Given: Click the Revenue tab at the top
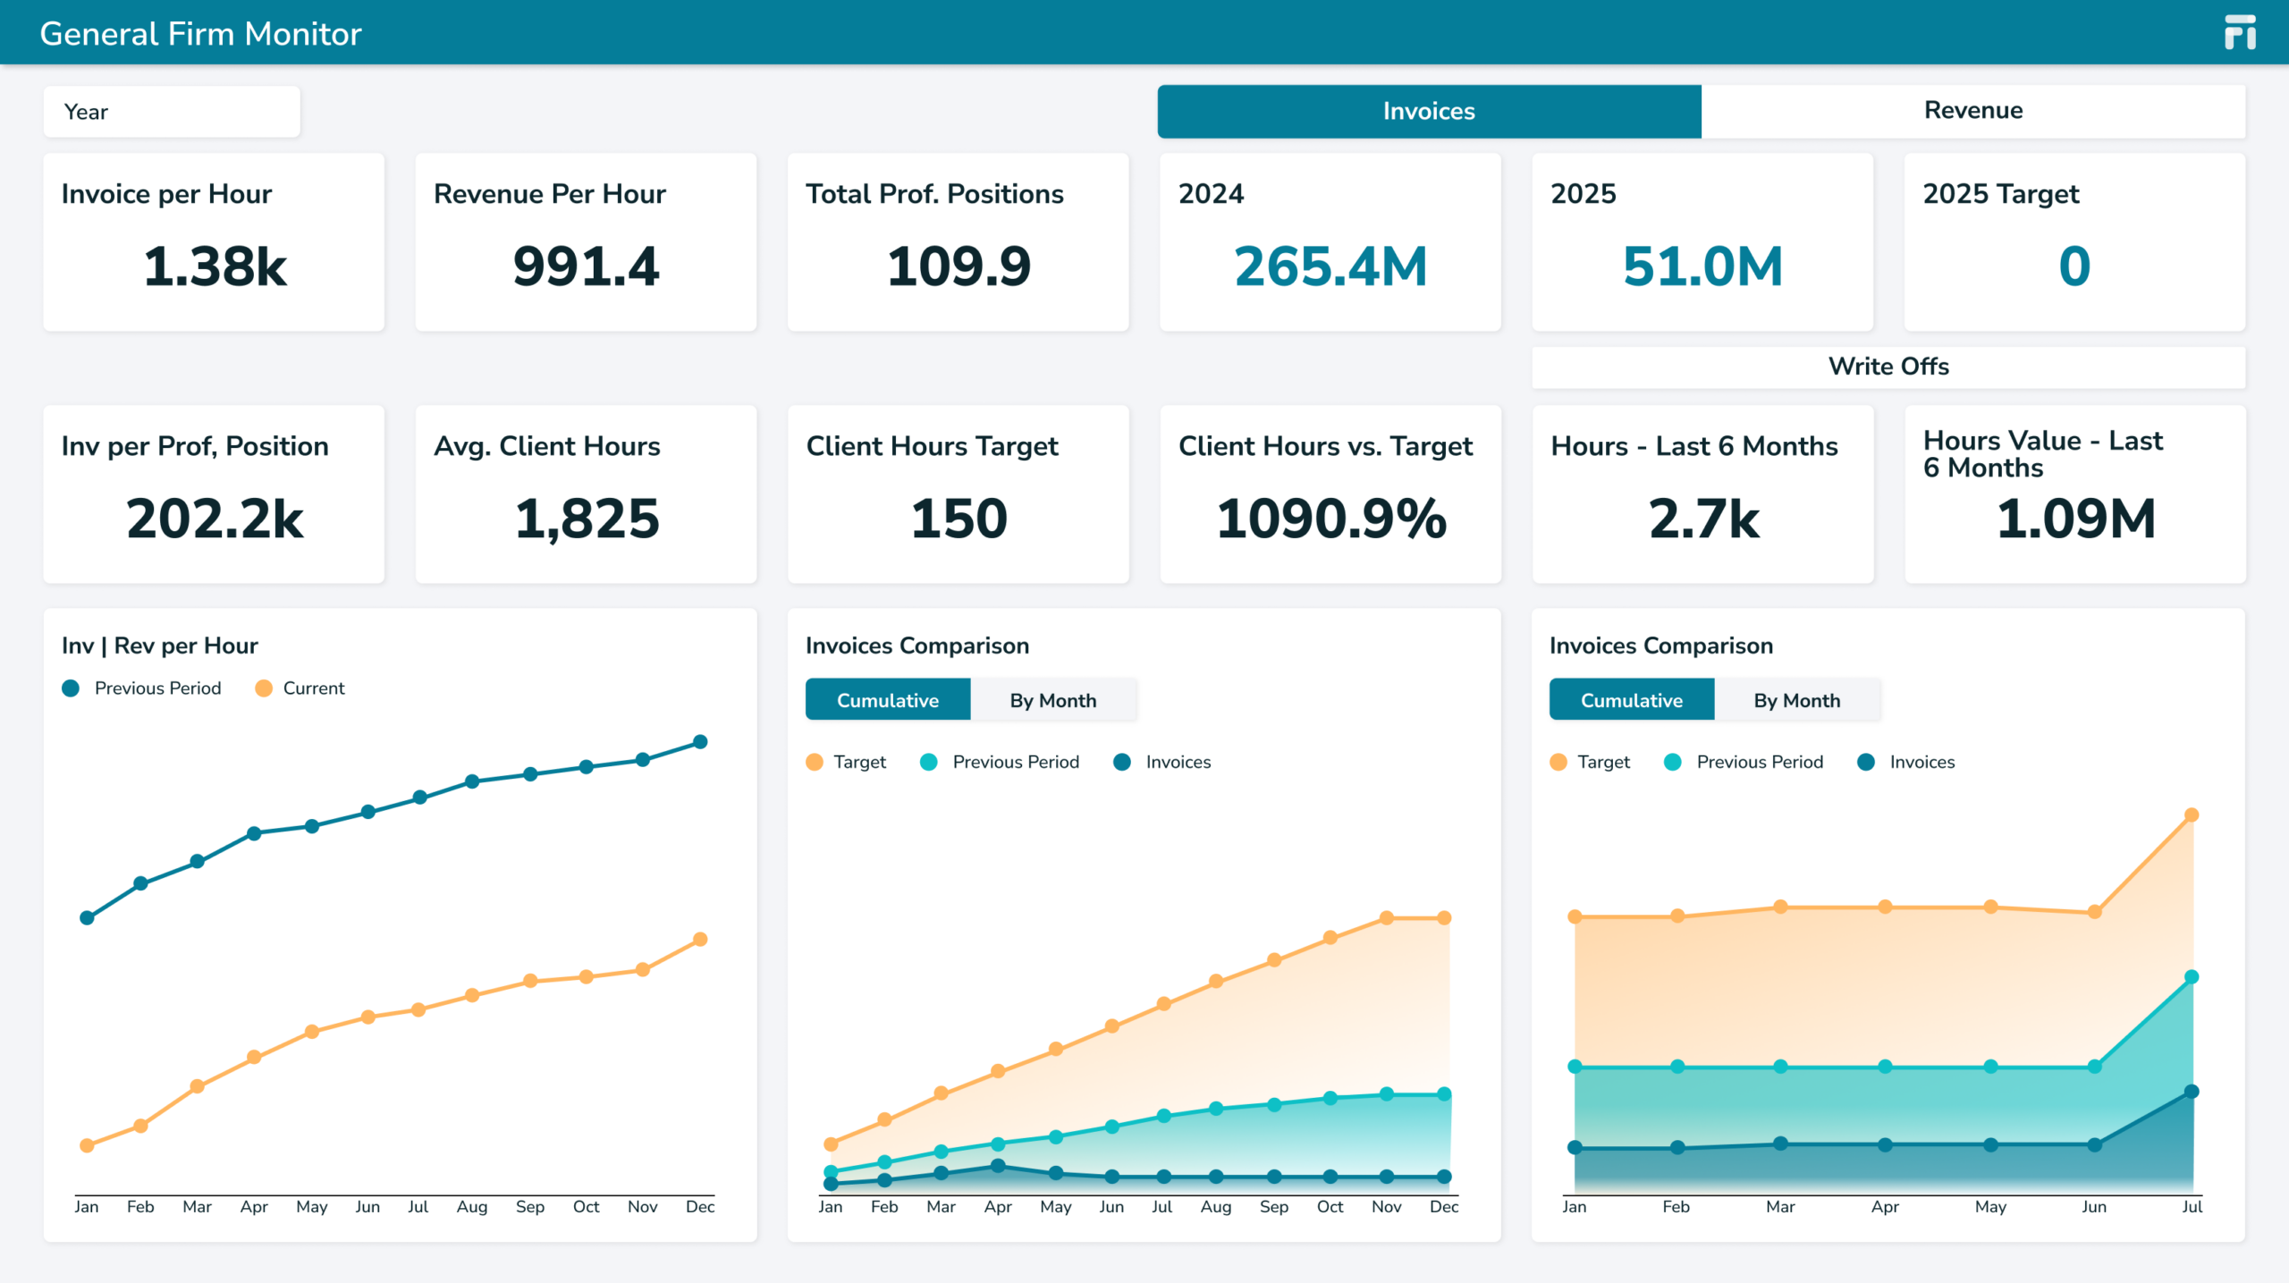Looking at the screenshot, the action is (x=1972, y=111).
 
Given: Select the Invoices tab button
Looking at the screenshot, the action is (x=1429, y=111).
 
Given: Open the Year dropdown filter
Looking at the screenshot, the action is (x=172, y=112).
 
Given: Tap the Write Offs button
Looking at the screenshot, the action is (x=1888, y=367).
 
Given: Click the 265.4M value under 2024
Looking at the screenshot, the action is (x=1330, y=266).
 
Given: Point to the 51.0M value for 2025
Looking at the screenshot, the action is (x=1702, y=266).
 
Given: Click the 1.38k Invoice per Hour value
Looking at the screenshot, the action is (x=215, y=266).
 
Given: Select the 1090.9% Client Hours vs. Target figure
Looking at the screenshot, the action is (x=1331, y=519).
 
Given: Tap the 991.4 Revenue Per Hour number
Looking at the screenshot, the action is (x=587, y=266).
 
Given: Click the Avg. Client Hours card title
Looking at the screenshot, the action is (x=547, y=446).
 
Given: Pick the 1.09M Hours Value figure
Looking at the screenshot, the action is (x=2076, y=519).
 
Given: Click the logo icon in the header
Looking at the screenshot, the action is (x=2240, y=32).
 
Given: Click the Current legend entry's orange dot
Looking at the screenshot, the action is (x=264, y=688).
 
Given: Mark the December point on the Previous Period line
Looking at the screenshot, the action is (x=701, y=742).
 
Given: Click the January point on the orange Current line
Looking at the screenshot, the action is (x=87, y=1145).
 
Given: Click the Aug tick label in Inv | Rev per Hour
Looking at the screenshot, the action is (x=472, y=1207).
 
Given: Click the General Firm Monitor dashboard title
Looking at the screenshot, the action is (x=201, y=34).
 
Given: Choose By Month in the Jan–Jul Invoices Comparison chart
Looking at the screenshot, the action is (x=1797, y=700).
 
